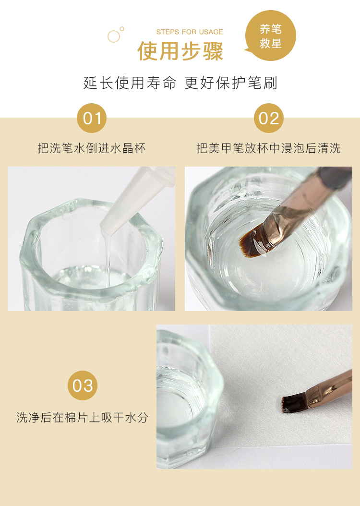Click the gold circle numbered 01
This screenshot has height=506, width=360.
point(92,118)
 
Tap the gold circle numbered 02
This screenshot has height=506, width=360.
point(269,118)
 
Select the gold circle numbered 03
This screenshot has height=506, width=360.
point(83,386)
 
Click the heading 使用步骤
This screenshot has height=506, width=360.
point(180,51)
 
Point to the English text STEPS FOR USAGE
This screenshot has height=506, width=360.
point(190,32)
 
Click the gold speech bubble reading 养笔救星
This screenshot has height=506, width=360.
point(270,36)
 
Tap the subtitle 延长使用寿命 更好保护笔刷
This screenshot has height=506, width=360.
point(180,83)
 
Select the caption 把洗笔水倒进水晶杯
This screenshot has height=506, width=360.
point(92,148)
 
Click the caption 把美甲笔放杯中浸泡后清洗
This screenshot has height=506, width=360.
point(269,148)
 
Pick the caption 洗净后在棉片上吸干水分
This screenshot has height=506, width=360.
point(83,418)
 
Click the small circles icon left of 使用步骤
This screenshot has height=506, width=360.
point(115,35)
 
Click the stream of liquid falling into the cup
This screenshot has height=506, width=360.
point(108,254)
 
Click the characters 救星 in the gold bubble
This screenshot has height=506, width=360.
point(270,44)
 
